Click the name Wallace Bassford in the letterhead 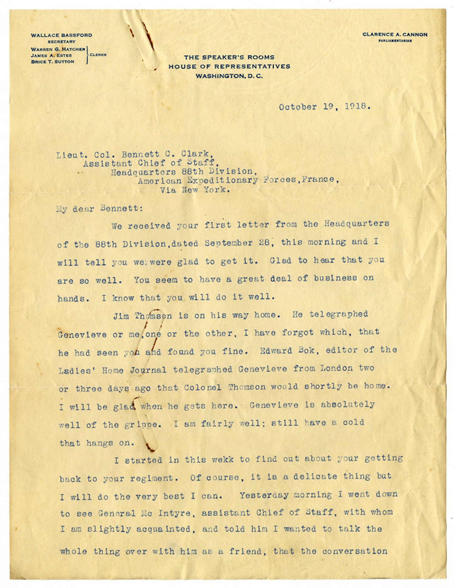coord(61,35)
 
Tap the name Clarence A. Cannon coord(395,35)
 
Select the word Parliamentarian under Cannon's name coord(395,40)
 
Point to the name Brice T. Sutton coord(53,62)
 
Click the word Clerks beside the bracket coord(98,55)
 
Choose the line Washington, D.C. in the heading coord(229,76)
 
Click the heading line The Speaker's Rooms coord(229,57)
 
